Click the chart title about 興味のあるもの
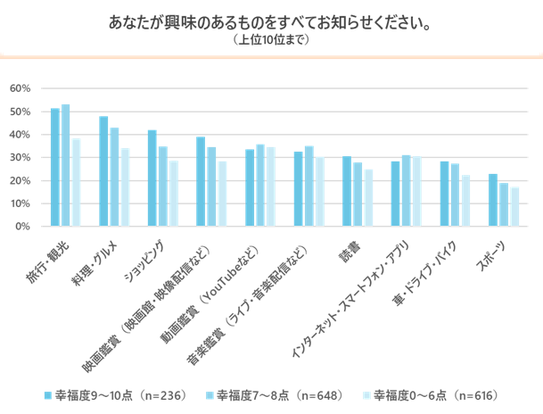point(271,21)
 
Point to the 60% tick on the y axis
point(21,88)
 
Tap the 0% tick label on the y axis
point(24,227)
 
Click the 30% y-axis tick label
point(21,158)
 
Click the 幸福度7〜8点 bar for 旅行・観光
point(65,166)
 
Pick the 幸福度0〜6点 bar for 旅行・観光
point(76,183)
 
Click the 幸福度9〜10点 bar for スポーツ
point(492,200)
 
